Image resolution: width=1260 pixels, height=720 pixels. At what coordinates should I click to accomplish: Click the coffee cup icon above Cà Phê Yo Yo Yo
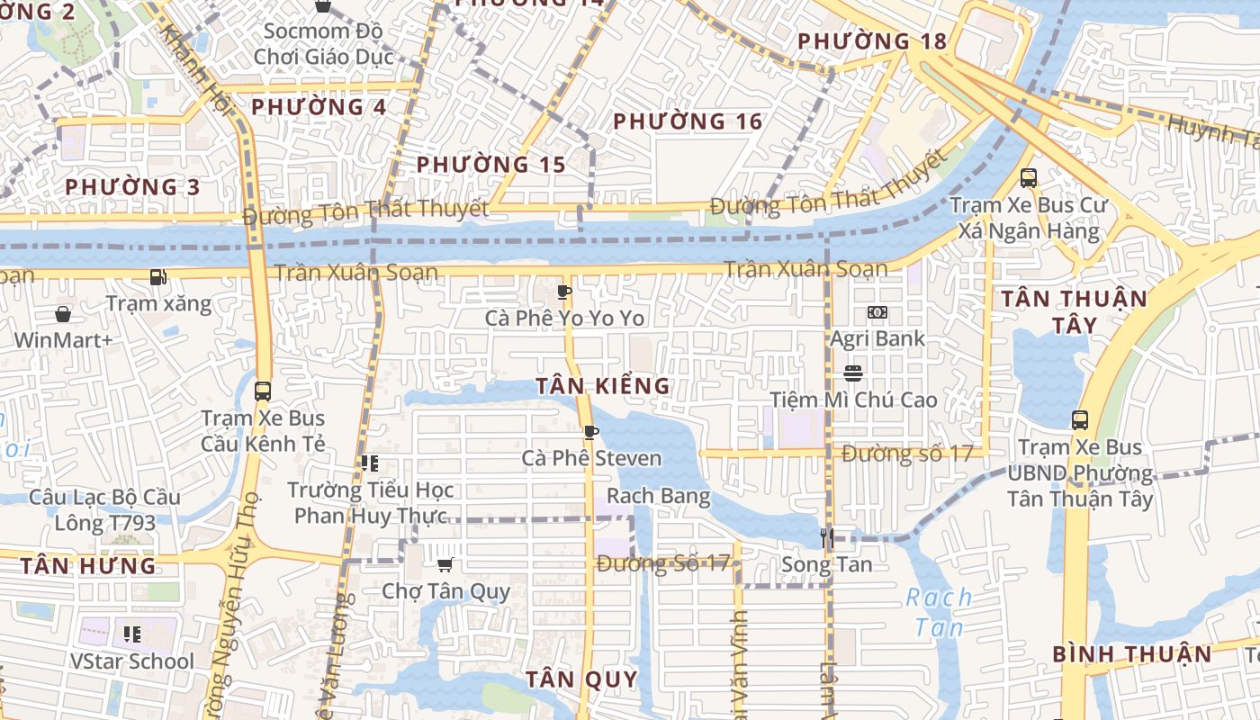coord(564,292)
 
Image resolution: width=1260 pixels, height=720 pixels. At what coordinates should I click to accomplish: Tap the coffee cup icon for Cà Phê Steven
coord(590,432)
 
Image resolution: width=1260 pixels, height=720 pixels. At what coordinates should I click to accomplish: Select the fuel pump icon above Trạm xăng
coord(158,277)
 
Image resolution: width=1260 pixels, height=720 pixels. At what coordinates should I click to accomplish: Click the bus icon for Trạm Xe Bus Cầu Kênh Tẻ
coord(263,391)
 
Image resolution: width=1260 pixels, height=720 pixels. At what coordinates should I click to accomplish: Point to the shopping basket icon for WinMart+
coord(63,314)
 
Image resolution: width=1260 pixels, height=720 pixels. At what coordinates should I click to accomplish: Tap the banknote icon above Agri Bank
coord(877,312)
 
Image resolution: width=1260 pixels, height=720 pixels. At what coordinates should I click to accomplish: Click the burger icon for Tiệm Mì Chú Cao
coord(853,373)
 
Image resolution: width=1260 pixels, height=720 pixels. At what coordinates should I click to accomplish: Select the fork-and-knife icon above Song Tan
coord(827,538)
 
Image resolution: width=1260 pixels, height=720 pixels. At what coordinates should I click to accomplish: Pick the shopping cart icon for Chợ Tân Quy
coord(445,564)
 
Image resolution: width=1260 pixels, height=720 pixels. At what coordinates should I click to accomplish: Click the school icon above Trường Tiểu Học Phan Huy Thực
coord(369,463)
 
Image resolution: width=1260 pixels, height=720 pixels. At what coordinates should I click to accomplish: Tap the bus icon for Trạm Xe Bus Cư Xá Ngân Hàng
coord(1029,177)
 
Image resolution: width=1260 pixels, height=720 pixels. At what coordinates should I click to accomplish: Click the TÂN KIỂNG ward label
coord(603,386)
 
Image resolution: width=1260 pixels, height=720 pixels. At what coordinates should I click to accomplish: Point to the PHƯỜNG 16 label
coord(688,121)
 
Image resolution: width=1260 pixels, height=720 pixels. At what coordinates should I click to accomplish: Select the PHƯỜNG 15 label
coord(491,165)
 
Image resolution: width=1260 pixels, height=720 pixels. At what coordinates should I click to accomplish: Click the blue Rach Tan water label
coord(939,612)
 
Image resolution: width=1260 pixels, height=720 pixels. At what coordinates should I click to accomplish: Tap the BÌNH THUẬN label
coord(1132,654)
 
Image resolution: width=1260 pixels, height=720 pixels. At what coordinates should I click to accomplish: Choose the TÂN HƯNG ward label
coord(88,566)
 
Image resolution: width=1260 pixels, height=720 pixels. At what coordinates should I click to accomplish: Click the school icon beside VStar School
coord(132,634)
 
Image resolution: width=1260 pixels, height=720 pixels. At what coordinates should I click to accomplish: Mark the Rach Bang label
coord(659,496)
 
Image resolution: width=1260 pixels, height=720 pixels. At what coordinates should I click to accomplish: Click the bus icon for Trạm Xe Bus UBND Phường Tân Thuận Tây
coord(1079,419)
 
